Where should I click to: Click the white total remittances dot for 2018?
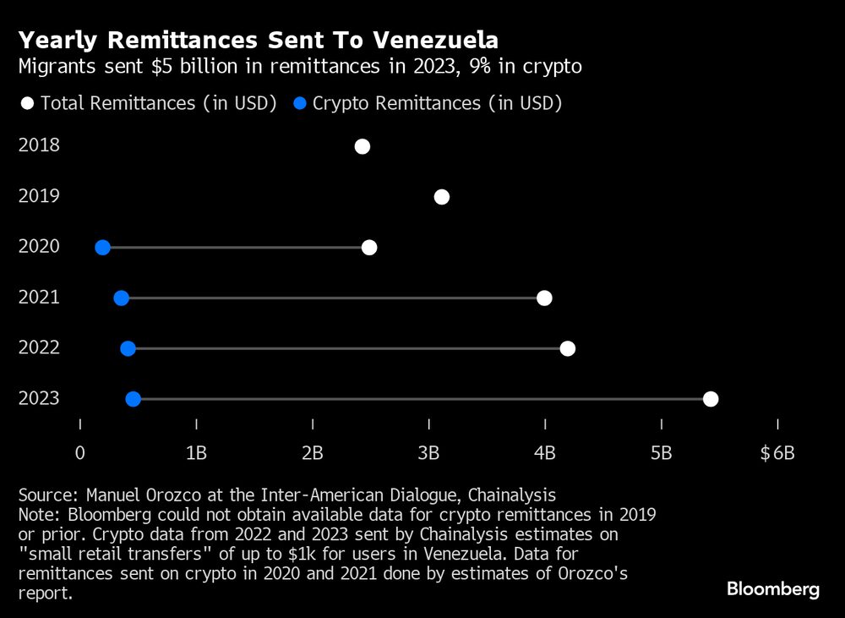[363, 146]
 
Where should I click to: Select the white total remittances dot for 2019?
[441, 197]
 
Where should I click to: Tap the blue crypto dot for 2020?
[103, 248]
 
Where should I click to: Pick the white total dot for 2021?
[544, 298]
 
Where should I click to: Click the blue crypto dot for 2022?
[128, 348]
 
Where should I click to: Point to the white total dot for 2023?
[711, 399]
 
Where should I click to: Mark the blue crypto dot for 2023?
[133, 399]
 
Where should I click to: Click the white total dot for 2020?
[369, 248]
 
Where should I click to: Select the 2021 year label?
[39, 297]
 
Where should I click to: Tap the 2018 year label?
[39, 145]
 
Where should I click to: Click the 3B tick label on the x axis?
[429, 453]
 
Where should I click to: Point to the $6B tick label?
[777, 453]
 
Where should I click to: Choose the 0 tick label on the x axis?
[80, 453]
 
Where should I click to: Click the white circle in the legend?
[27, 104]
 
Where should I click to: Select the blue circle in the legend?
[299, 104]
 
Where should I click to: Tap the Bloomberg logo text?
[773, 589]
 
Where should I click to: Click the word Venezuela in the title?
[426, 40]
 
